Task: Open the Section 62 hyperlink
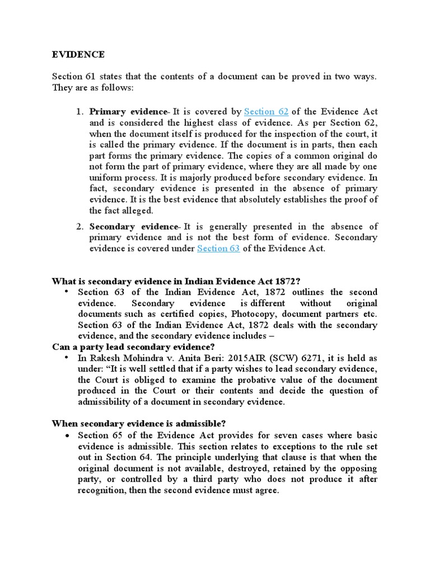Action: pyautogui.click(x=267, y=112)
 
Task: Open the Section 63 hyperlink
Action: pyautogui.click(x=218, y=248)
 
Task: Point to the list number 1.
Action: pyautogui.click(x=80, y=112)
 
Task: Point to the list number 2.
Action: pyautogui.click(x=80, y=226)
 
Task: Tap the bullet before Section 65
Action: pyautogui.click(x=66, y=435)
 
